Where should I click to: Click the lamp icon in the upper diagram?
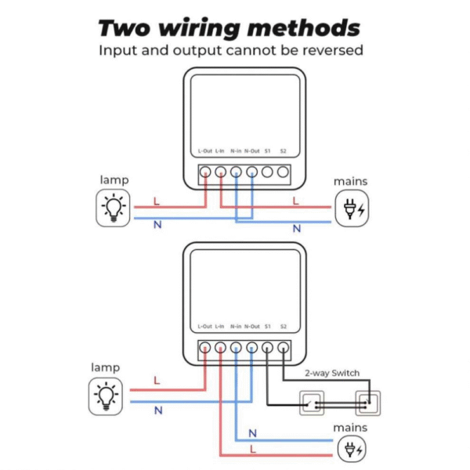(114, 208)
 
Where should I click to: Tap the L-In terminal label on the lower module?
(220, 326)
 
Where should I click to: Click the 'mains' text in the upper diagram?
(350, 182)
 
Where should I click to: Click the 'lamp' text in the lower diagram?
(105, 367)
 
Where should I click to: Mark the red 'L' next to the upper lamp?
(157, 201)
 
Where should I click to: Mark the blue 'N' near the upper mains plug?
(296, 229)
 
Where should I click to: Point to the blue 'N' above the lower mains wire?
(252, 432)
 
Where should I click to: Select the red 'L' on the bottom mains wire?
(252, 450)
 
